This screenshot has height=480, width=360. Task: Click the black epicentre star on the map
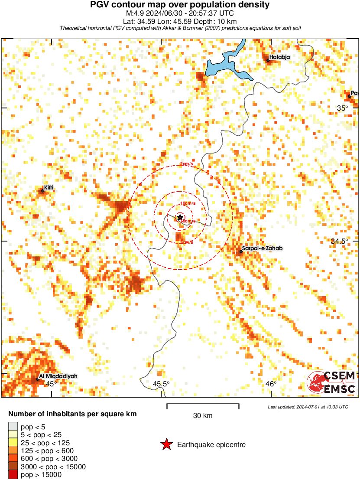click(x=180, y=217)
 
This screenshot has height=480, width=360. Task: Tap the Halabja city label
click(x=279, y=57)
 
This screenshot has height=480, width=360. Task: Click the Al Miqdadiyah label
click(x=58, y=376)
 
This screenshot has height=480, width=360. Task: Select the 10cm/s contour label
click(x=188, y=203)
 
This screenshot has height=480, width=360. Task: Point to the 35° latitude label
click(x=343, y=108)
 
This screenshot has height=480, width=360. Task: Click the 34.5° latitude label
click(x=340, y=241)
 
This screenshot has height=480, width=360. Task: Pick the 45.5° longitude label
click(x=161, y=384)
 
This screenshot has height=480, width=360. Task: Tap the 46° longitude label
click(x=271, y=384)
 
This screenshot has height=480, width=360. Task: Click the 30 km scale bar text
click(x=203, y=415)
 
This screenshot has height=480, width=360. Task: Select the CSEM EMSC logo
click(x=331, y=382)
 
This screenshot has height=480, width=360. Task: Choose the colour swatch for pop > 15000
click(x=13, y=475)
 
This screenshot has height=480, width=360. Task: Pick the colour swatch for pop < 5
click(x=13, y=426)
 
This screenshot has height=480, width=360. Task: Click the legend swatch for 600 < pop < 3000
click(x=13, y=459)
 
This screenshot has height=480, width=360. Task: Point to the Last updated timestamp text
click(x=308, y=407)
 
